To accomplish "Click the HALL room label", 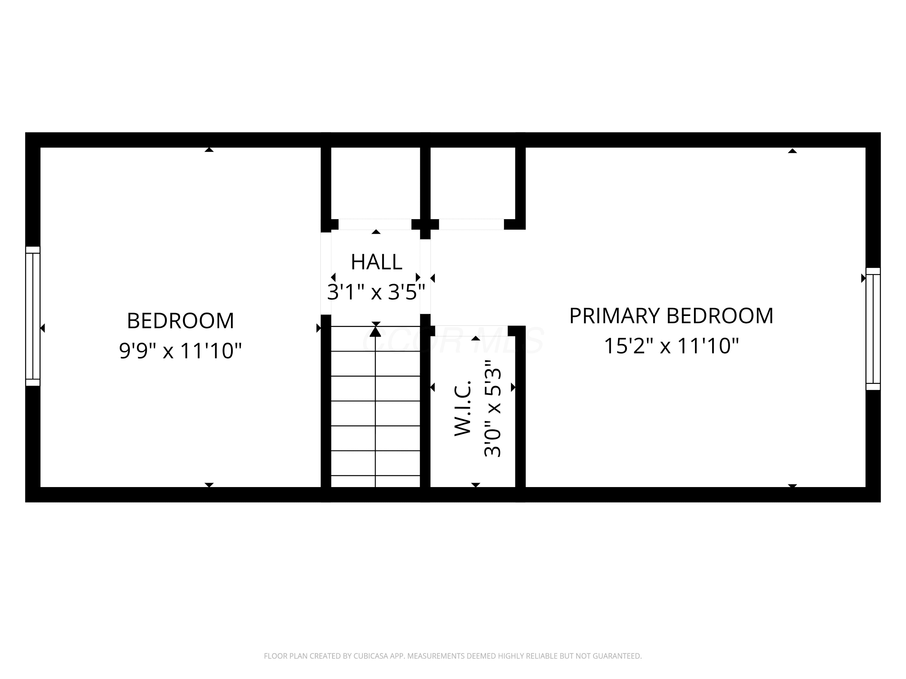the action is tap(376, 262).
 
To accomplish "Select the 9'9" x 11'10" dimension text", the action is tap(180, 351).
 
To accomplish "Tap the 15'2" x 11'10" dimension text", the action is tap(671, 346).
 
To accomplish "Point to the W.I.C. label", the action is tap(463, 409).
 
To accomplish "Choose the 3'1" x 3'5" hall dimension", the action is tap(376, 292).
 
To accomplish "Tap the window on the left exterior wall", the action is tap(33, 316).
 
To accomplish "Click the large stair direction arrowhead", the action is tap(375, 332).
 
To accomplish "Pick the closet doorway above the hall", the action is tap(375, 224).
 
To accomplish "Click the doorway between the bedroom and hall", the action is tap(326, 273).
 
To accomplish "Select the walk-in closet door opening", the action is tap(469, 331).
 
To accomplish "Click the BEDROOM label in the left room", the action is tap(180, 321).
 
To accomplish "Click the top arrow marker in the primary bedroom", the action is tap(792, 151).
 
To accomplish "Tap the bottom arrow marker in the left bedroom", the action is tap(209, 485).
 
